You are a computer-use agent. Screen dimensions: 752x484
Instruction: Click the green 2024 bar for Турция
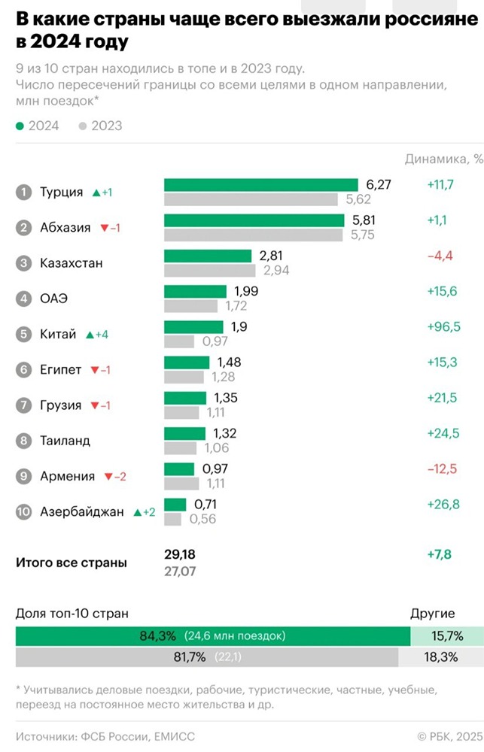click(x=260, y=185)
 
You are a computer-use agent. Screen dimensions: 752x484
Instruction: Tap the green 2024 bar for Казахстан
click(x=208, y=256)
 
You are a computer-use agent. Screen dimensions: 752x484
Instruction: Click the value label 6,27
click(x=379, y=185)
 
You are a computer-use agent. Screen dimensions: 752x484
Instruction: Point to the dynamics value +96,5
click(x=443, y=327)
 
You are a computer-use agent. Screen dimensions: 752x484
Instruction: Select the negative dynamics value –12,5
click(x=443, y=468)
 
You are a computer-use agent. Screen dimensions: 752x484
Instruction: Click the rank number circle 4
click(x=24, y=299)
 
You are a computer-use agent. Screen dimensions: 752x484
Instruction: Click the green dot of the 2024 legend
click(x=20, y=126)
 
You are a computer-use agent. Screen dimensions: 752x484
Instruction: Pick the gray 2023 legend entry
click(x=100, y=126)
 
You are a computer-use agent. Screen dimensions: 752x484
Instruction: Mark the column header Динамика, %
click(x=443, y=159)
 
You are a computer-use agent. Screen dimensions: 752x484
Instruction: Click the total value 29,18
click(x=180, y=554)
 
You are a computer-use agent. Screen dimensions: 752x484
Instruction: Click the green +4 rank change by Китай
click(x=99, y=335)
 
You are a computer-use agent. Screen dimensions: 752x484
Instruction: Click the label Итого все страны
click(x=72, y=562)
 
